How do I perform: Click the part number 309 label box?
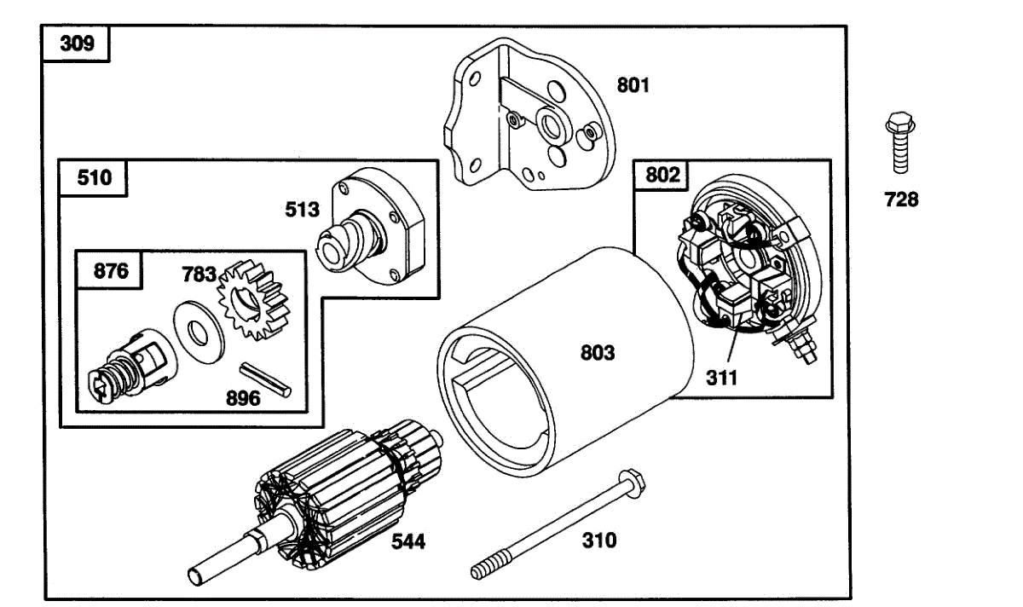pyautogui.click(x=76, y=43)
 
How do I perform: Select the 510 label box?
pyautogui.click(x=93, y=177)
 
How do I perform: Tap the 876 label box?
pyautogui.click(x=110, y=270)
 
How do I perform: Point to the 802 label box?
pyautogui.click(x=662, y=175)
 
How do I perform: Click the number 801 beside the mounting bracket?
pyautogui.click(x=633, y=85)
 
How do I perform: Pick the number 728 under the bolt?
pyautogui.click(x=901, y=199)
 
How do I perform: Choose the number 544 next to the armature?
pyautogui.click(x=408, y=541)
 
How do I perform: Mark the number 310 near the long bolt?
pyautogui.click(x=599, y=541)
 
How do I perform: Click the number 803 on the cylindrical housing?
pyautogui.click(x=598, y=353)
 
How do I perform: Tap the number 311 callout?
pyautogui.click(x=721, y=378)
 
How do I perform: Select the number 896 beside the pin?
pyautogui.click(x=243, y=398)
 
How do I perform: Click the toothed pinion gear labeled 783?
pyautogui.click(x=253, y=299)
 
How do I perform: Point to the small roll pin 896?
pyautogui.click(x=265, y=379)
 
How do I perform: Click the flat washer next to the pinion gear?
pyautogui.click(x=199, y=332)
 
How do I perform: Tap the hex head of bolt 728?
pyautogui.click(x=899, y=123)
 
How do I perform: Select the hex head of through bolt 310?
pyautogui.click(x=631, y=483)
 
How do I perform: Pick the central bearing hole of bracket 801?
pyautogui.click(x=552, y=124)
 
